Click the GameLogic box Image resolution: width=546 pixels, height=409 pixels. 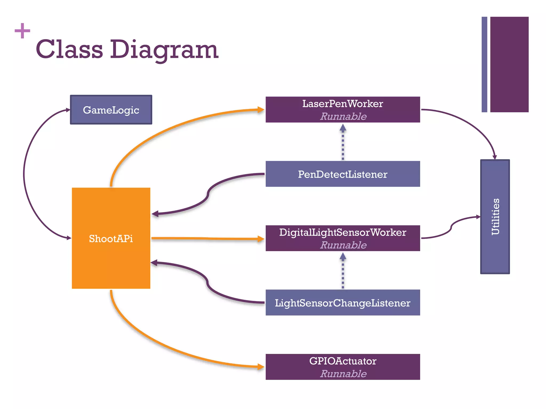click(111, 110)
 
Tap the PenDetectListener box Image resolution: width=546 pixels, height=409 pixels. click(343, 174)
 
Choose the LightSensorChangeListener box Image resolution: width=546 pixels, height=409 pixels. click(343, 303)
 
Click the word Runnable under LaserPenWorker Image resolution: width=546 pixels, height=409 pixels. click(343, 116)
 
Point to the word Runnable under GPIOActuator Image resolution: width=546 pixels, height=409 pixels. click(343, 374)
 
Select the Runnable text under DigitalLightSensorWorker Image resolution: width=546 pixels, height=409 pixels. click(343, 245)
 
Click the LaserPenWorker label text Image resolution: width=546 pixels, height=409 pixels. click(343, 104)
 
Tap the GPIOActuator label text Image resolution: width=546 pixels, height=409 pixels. click(343, 361)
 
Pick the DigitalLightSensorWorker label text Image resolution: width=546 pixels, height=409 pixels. click(343, 232)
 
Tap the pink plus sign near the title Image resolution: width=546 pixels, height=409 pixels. click(22, 31)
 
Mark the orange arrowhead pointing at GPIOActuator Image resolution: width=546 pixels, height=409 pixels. click(260, 367)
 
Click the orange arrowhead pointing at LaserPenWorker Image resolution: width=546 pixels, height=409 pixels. click(260, 109)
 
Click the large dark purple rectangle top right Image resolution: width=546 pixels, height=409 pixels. click(509, 64)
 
